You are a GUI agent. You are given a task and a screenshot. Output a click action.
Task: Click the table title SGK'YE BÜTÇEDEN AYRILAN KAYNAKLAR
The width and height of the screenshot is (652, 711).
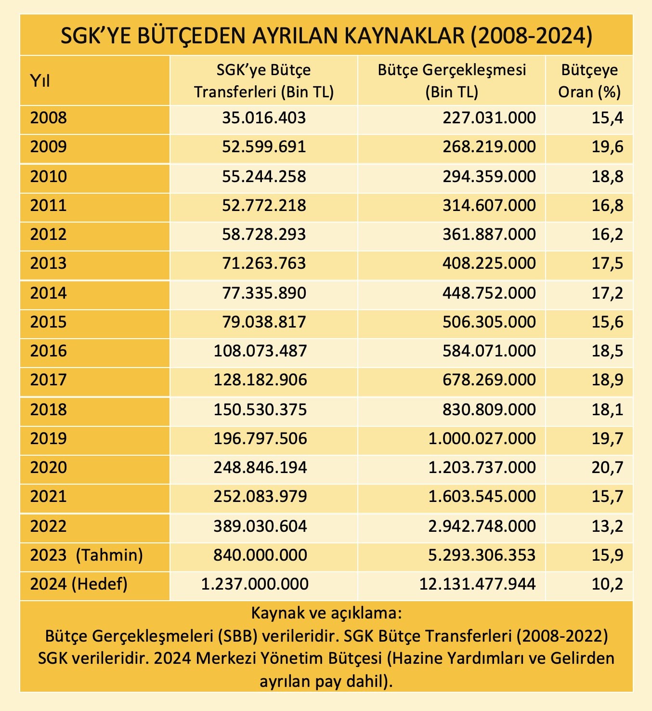click(x=326, y=36)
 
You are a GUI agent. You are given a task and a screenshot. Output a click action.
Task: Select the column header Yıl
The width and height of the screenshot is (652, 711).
click(x=40, y=80)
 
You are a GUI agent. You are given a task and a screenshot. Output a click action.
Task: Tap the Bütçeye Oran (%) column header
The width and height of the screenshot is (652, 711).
click(x=589, y=80)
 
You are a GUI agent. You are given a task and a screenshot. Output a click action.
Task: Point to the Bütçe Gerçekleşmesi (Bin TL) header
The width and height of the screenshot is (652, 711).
click(x=452, y=80)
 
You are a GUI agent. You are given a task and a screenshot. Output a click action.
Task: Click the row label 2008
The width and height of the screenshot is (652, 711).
click(x=49, y=118)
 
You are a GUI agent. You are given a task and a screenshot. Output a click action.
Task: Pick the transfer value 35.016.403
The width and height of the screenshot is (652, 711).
click(x=264, y=118)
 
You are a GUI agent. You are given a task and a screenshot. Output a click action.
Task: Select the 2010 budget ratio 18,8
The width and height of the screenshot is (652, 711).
click(x=608, y=176)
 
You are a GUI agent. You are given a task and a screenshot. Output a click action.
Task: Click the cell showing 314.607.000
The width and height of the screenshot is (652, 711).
click(x=489, y=206)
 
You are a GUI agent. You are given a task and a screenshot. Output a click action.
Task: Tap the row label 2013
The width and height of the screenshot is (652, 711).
click(x=49, y=263)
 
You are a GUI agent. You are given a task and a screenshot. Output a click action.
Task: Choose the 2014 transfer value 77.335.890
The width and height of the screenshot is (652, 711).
click(x=264, y=293)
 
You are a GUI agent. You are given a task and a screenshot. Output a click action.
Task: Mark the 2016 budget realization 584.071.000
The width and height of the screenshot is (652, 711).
click(x=489, y=351)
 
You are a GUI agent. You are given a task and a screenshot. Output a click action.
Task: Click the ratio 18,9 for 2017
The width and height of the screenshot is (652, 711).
click(x=608, y=380)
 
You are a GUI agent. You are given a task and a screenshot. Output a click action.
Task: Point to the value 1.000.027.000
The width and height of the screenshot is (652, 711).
click(x=482, y=438)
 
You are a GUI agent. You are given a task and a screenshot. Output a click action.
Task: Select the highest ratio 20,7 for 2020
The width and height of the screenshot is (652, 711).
click(x=608, y=467)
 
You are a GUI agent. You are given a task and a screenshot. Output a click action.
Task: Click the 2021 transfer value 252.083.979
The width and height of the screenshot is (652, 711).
click(x=260, y=497)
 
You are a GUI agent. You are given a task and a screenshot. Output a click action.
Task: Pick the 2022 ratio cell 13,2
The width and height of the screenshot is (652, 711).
click(x=608, y=526)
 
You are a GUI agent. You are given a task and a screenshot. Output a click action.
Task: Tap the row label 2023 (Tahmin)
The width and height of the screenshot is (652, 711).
click(x=87, y=555)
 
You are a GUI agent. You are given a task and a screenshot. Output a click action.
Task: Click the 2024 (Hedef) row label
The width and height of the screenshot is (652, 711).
click(x=79, y=584)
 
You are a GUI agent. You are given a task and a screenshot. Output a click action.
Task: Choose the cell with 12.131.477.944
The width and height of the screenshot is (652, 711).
click(x=477, y=584)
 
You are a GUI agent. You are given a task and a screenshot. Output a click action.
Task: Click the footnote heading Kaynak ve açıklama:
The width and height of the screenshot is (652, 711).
click(x=326, y=614)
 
